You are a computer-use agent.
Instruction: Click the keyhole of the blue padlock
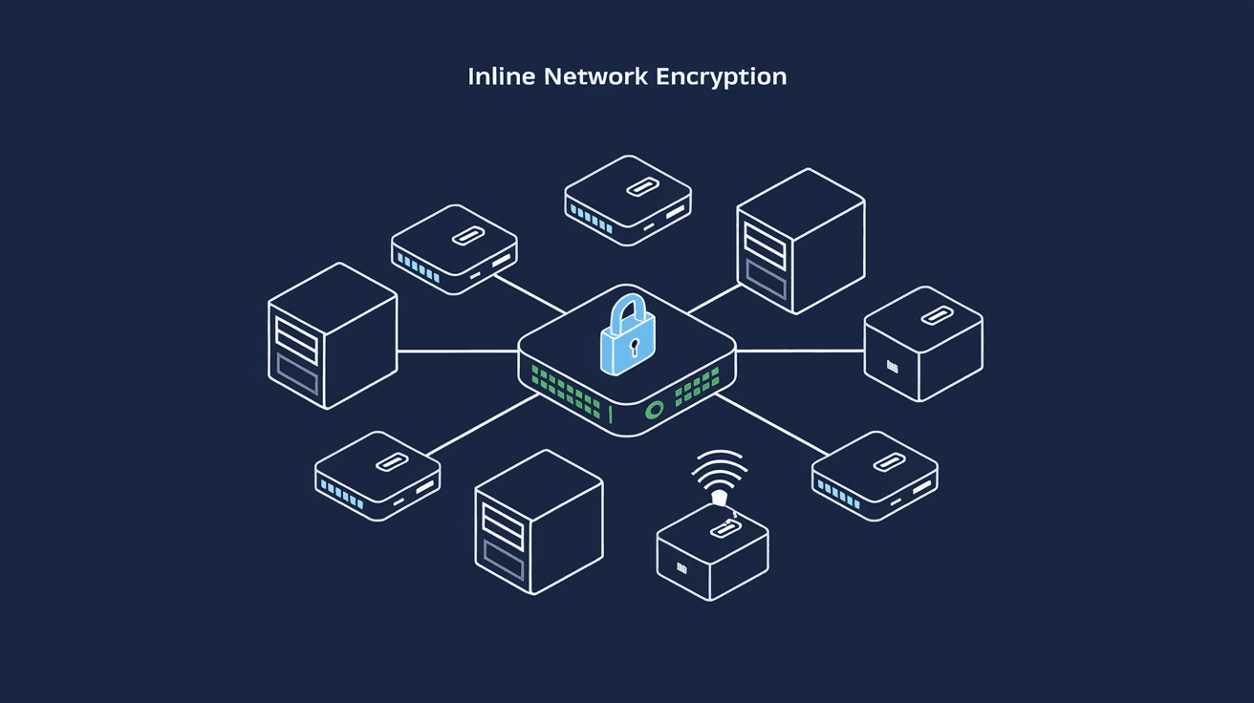click(631, 344)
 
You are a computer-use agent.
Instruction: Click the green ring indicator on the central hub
click(655, 411)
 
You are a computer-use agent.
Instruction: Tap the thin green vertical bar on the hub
click(609, 414)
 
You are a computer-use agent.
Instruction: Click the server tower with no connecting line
click(538, 522)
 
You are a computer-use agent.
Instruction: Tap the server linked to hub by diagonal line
click(800, 240)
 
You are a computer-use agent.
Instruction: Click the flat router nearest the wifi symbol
click(874, 476)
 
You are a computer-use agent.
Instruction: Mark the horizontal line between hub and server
click(457, 351)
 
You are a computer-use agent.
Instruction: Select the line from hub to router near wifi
click(769, 425)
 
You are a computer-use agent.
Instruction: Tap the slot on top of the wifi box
click(723, 528)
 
